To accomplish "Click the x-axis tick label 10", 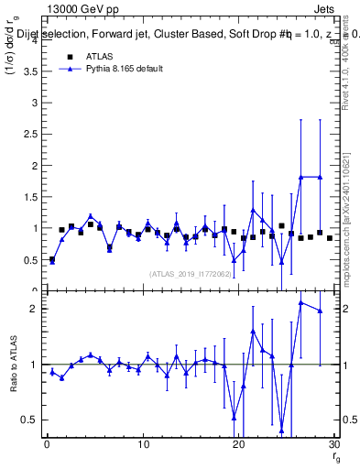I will click(x=143, y=445).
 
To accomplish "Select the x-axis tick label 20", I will click(x=238, y=445).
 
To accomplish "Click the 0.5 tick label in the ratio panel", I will click(x=29, y=420).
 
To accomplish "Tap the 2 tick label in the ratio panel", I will click(x=34, y=309).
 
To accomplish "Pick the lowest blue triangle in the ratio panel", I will click(x=281, y=430).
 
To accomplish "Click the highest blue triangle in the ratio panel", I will click(x=300, y=303).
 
